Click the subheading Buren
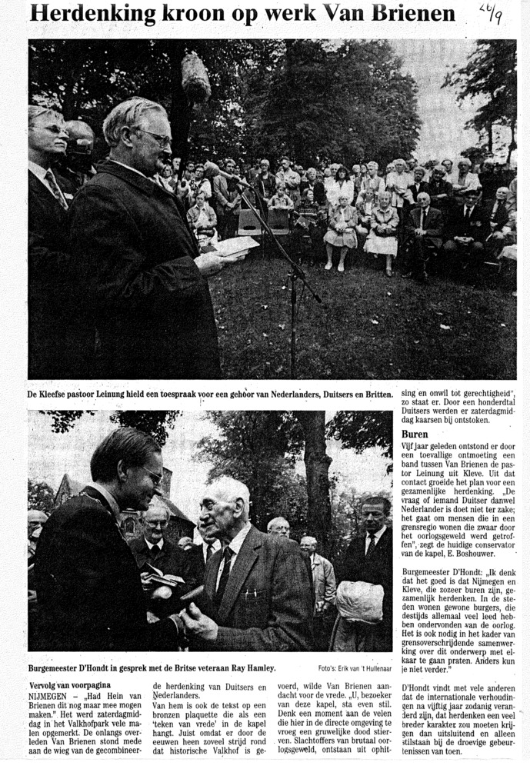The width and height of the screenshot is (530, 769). (415, 434)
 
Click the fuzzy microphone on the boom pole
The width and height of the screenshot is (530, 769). (195, 77)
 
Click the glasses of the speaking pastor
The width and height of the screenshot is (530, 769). (156, 136)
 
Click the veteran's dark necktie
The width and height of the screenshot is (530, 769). (224, 573)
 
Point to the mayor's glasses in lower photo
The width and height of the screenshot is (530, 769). (152, 474)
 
